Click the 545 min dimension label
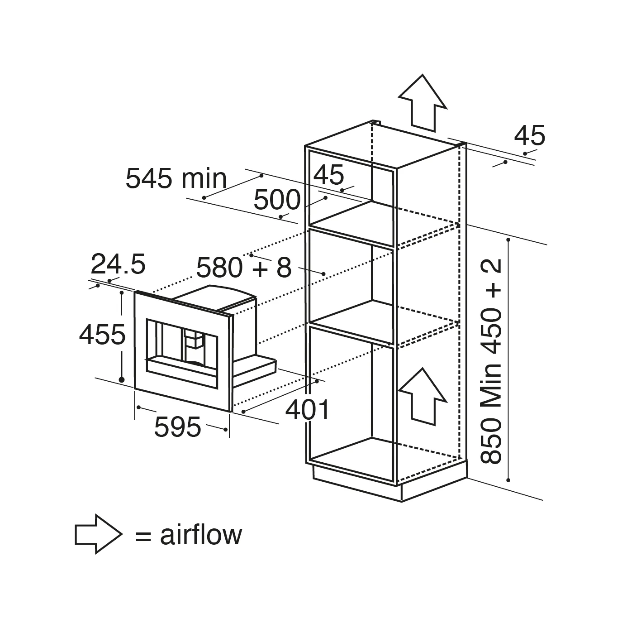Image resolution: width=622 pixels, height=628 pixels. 176,178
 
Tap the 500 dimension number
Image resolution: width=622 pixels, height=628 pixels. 277,200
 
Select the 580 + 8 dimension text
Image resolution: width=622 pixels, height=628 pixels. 244,268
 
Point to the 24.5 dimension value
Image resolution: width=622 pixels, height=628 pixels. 118,264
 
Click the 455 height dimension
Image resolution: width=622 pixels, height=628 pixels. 102,334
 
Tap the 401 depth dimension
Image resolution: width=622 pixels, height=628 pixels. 308,410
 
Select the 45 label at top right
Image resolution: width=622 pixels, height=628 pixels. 530,135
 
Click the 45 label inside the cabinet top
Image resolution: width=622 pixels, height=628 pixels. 328,175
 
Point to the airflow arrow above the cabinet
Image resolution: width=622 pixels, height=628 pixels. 423,103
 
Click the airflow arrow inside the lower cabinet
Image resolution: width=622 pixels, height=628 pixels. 423,397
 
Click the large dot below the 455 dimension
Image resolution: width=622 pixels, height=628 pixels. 122,380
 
